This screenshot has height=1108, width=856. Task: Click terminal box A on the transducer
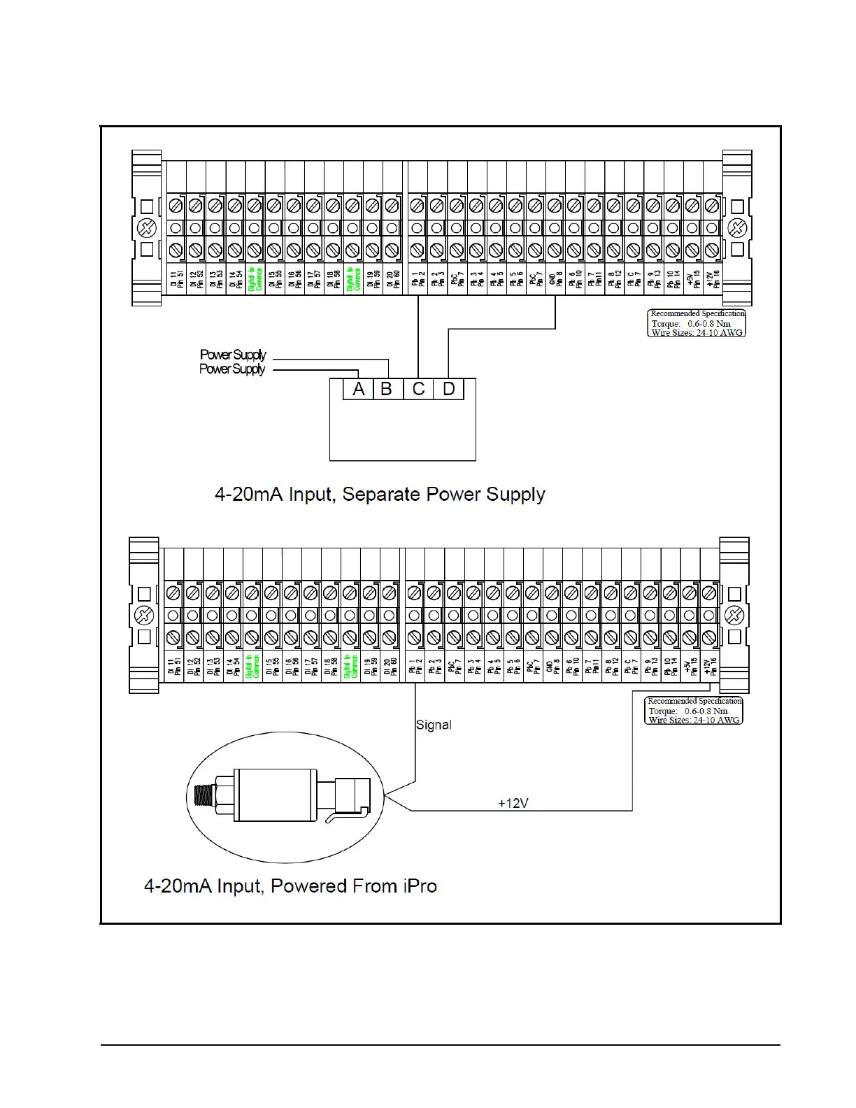point(358,389)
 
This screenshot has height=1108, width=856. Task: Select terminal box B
point(387,389)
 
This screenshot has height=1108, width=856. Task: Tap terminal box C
point(418,389)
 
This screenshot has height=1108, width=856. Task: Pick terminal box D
point(449,389)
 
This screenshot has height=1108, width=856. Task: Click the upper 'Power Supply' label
point(233,355)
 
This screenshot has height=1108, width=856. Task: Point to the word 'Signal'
point(434,725)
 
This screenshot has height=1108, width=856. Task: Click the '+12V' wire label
point(513,803)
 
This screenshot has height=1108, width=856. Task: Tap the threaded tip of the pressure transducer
point(202,796)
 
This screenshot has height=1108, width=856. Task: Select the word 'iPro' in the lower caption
point(420,886)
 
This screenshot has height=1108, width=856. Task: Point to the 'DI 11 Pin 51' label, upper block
point(176,279)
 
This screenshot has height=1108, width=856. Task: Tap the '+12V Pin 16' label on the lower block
point(710,667)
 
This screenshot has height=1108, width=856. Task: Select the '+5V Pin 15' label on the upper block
point(693,279)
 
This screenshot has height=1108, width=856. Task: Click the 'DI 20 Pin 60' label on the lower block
point(390,667)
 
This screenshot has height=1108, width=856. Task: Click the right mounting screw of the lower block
point(734,616)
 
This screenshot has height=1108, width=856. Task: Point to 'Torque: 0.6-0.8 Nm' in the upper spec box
point(691,323)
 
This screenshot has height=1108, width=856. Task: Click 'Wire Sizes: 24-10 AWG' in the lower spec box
point(694,720)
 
